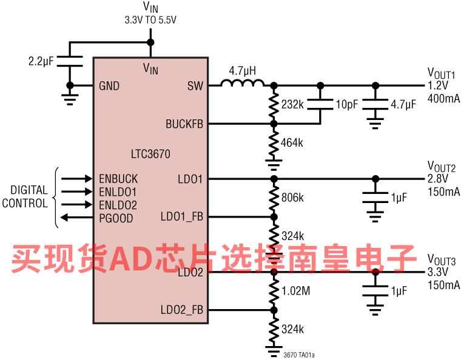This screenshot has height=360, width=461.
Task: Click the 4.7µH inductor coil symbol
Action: [242, 83]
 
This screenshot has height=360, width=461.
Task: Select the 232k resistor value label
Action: [292, 104]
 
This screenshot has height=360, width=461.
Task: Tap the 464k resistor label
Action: [292, 142]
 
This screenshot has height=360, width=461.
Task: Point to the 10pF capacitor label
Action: [347, 104]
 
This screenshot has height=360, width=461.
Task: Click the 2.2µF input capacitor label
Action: [41, 61]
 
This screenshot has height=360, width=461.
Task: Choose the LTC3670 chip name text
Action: [150, 154]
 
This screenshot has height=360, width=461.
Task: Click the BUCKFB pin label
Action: [184, 124]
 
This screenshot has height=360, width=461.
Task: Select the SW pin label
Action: [195, 85]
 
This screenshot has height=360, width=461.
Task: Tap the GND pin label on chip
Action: [109, 86]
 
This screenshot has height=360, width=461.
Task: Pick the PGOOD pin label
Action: [116, 218]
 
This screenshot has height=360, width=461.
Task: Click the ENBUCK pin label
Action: [118, 179]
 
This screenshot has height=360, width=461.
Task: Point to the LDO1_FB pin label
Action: [182, 217]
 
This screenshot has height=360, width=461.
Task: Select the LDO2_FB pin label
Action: [182, 310]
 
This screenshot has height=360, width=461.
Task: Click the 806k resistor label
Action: [292, 198]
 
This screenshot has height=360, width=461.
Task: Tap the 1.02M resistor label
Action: [296, 291]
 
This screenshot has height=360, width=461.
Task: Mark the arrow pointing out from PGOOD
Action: [76, 218]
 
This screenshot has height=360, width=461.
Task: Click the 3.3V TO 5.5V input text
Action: [150, 20]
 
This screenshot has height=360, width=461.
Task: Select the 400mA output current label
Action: [443, 98]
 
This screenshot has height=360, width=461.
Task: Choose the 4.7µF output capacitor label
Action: [403, 104]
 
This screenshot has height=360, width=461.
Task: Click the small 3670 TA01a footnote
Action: [299, 355]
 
